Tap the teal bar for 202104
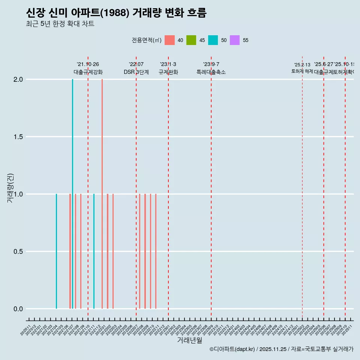coord(56,251)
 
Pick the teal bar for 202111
coord(94,251)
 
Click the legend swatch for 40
coord(169,40)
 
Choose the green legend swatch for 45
coord(191,40)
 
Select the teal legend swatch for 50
coord(213,40)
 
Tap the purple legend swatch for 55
coord(235,40)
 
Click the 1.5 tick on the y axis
coord(18,137)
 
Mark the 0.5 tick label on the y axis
coord(18,252)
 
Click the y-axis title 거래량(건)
coord(10,188)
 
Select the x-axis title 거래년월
coord(189,340)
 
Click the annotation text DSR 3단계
coord(136,72)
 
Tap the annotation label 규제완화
coord(168,72)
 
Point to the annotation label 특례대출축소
coord(211,72)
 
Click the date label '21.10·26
coord(88,64)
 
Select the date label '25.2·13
coord(302,65)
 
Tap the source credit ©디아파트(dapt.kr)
coord(232,349)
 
